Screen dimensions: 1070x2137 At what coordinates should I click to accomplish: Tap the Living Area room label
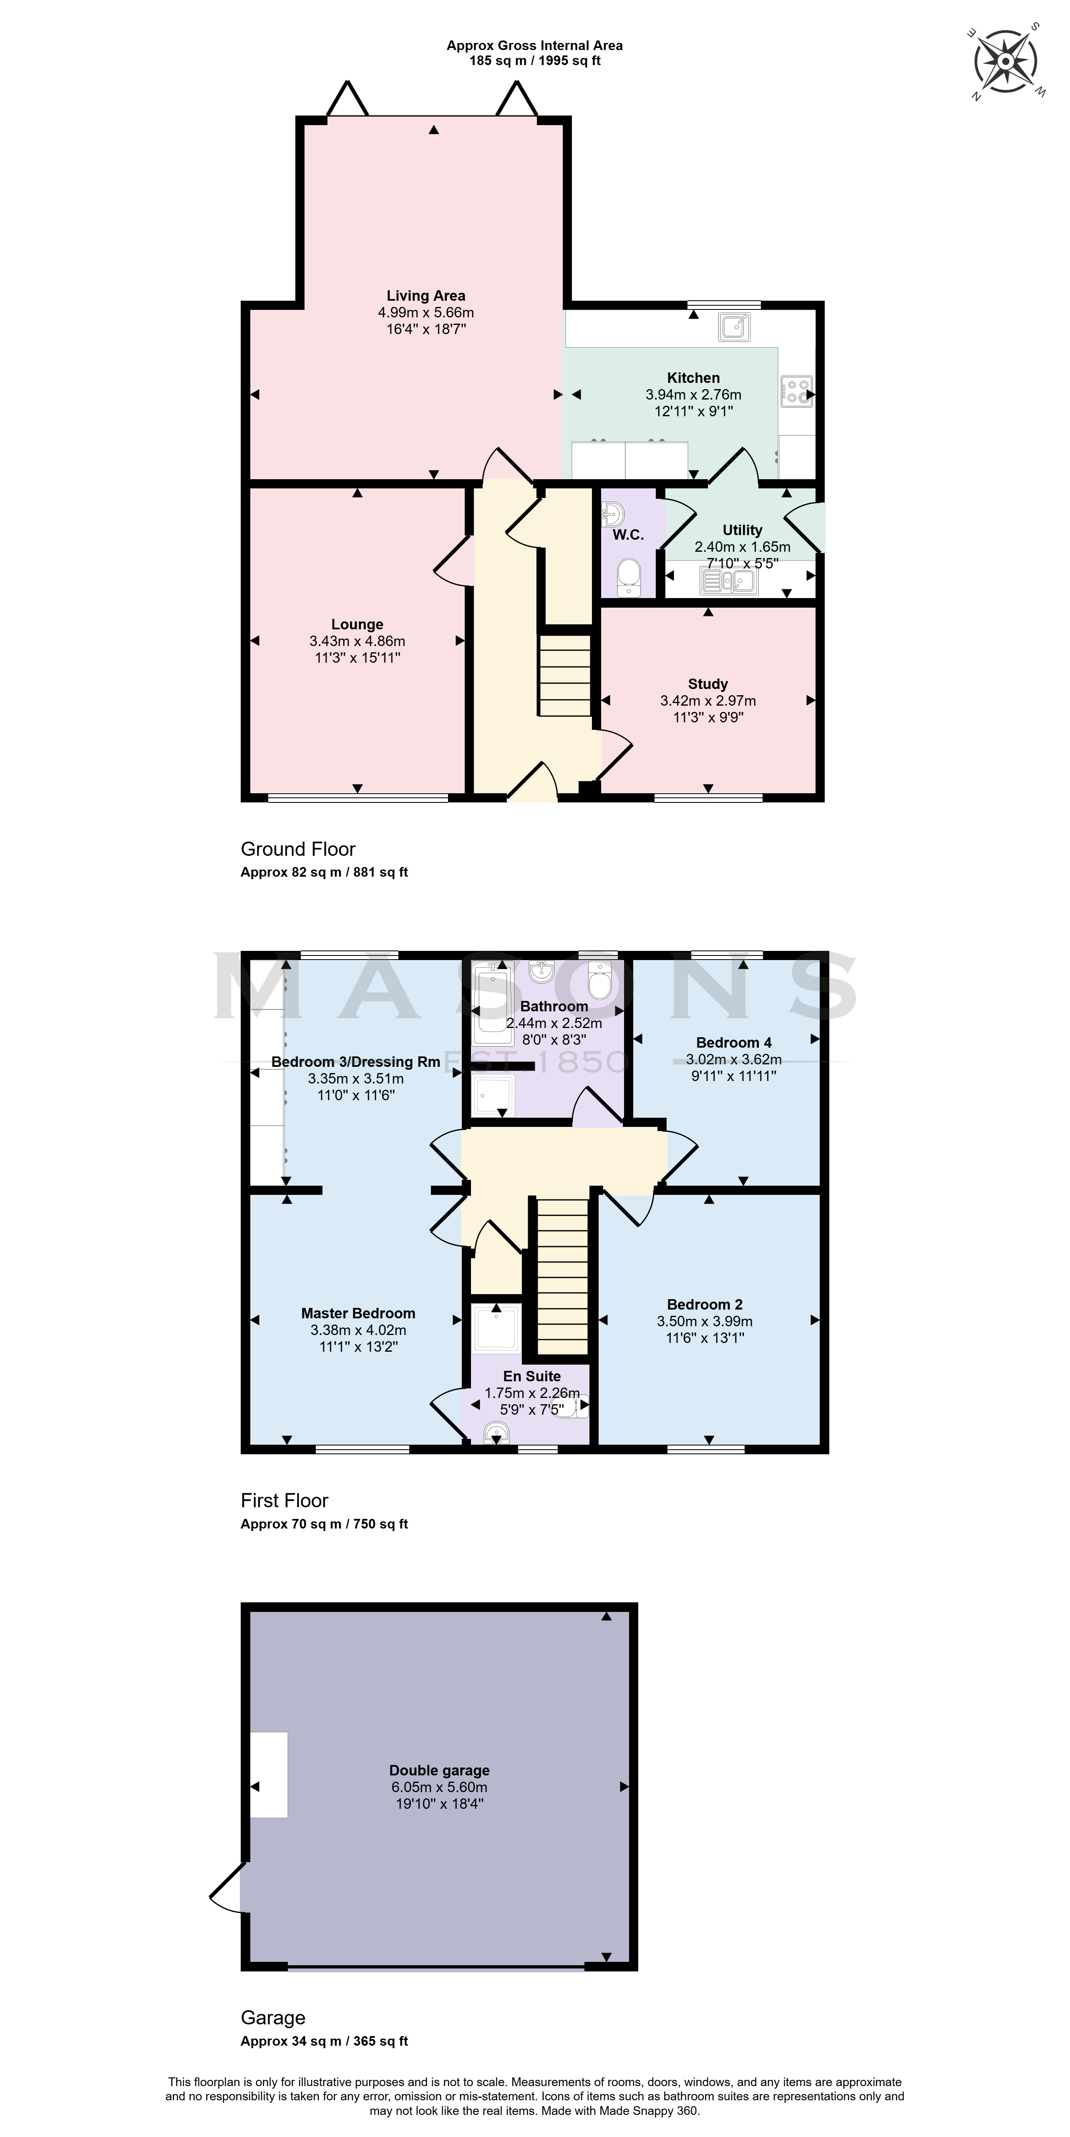[x=425, y=295]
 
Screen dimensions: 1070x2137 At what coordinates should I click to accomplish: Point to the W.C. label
[x=628, y=535]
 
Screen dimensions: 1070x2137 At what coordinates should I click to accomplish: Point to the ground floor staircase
[x=565, y=676]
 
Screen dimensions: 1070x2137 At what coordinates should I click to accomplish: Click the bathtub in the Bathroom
[x=492, y=1004]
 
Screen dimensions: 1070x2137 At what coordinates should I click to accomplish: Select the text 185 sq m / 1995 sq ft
[x=534, y=60]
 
